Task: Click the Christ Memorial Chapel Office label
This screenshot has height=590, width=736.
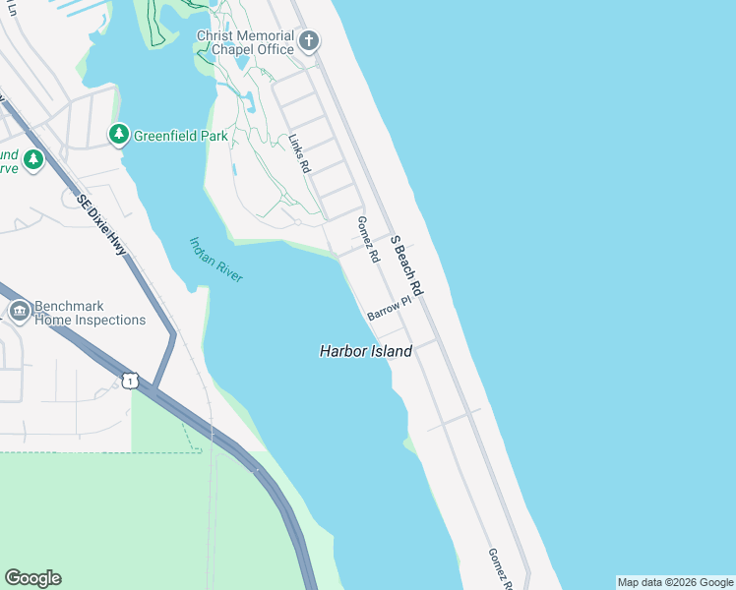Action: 245,42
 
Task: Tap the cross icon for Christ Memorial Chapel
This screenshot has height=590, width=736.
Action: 310,41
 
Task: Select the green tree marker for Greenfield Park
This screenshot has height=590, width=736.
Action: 119,134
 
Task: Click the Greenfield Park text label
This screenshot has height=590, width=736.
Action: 181,136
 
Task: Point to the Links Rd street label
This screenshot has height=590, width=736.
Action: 299,154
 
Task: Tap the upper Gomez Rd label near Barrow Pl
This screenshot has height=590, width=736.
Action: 369,240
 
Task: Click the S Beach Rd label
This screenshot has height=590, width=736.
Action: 405,265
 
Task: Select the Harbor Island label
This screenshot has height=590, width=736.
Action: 366,351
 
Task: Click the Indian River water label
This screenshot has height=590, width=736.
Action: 215,260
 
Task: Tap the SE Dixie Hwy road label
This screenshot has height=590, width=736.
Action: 101,224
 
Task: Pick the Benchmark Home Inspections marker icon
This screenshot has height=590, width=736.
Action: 19,312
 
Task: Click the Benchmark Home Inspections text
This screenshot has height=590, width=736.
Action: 89,313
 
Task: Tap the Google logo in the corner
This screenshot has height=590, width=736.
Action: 32,578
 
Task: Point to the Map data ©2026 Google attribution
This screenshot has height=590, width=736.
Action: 675,582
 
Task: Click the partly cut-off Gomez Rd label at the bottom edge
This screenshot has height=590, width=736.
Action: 500,568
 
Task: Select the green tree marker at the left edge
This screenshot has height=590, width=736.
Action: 32,159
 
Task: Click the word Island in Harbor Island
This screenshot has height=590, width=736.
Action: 392,351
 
